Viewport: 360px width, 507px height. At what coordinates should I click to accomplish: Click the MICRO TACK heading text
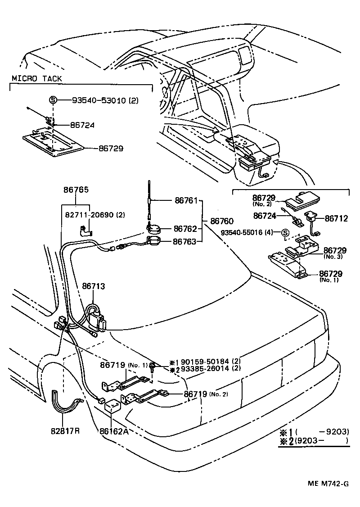pyautogui.click(x=37, y=79)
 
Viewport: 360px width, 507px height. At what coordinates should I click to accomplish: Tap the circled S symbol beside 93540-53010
pyautogui.click(x=53, y=100)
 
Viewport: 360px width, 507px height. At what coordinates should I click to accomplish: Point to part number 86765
pyautogui.click(x=76, y=190)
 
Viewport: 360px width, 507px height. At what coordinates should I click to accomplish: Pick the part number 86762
pyautogui.click(x=185, y=229)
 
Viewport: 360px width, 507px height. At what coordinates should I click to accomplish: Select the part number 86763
pyautogui.click(x=185, y=242)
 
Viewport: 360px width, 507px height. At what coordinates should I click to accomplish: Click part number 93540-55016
pyautogui.click(x=247, y=233)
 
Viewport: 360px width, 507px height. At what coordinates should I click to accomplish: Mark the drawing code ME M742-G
pyautogui.click(x=328, y=484)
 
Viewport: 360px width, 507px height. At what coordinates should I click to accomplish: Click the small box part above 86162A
pyautogui.click(x=112, y=407)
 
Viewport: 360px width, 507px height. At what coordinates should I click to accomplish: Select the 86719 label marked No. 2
pyautogui.click(x=195, y=394)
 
